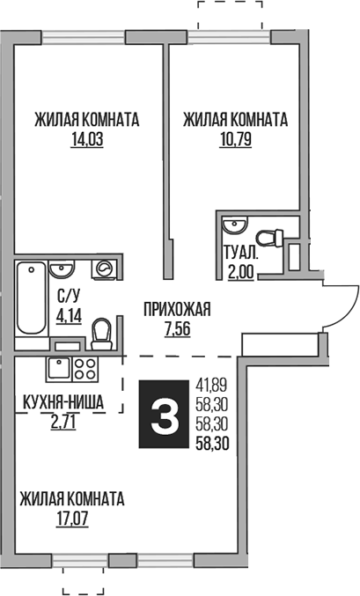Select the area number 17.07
pyautogui.click(x=72, y=516)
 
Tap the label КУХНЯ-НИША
pyautogui.click(x=64, y=405)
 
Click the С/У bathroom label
pyautogui.click(x=68, y=296)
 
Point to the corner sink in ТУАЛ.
pyautogui.click(x=231, y=223)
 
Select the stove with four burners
pyautogui.click(x=85, y=369)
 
